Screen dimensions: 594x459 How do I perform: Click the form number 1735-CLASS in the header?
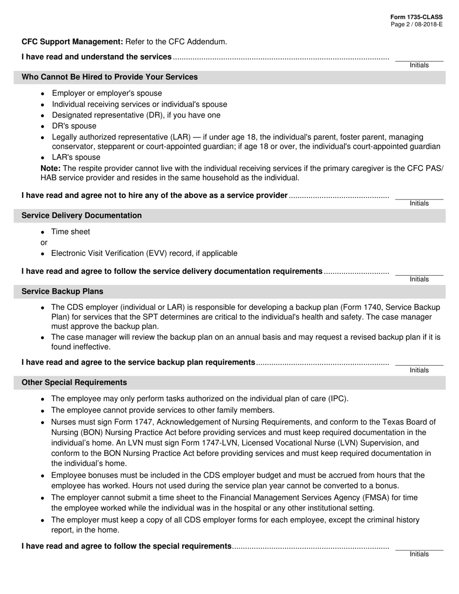416,17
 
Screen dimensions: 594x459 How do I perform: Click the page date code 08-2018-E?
427,24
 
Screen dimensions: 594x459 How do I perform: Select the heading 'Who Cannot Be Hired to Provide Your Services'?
110,77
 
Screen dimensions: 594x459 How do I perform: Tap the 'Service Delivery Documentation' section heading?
82,215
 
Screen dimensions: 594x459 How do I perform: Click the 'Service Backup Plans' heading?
62,292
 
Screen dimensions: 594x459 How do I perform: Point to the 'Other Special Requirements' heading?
74,382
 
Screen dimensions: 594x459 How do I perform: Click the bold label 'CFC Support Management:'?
72,42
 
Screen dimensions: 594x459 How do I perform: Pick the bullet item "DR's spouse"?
74,126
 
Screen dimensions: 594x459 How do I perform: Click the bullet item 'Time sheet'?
71,232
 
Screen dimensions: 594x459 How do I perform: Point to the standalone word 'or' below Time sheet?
44,242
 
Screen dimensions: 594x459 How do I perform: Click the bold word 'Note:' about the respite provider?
50,168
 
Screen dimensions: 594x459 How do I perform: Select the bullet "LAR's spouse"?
76,157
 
